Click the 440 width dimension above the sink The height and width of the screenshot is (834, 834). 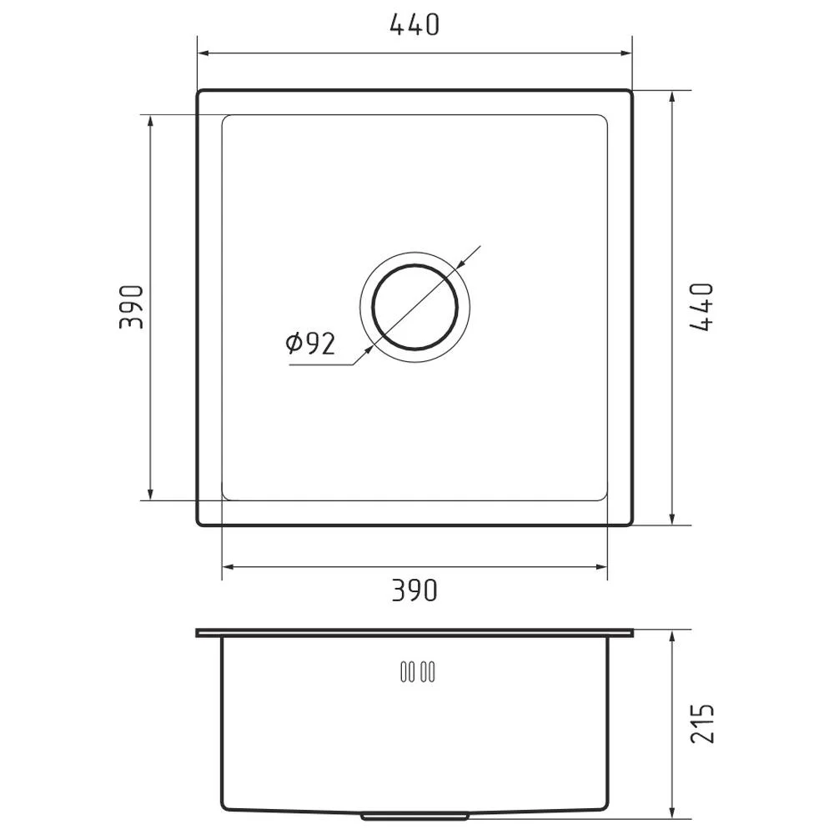pyautogui.click(x=414, y=24)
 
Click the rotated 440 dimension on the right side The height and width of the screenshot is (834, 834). pyautogui.click(x=701, y=307)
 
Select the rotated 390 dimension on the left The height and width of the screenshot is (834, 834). pyautogui.click(x=132, y=307)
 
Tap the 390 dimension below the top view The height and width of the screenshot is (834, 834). pyautogui.click(x=414, y=590)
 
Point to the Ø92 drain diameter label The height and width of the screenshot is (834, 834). pyautogui.click(x=310, y=343)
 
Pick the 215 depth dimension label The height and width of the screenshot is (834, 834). pyautogui.click(x=702, y=723)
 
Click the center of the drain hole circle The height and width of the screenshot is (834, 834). pyautogui.click(x=414, y=308)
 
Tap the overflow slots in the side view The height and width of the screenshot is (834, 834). pyautogui.click(x=418, y=671)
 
